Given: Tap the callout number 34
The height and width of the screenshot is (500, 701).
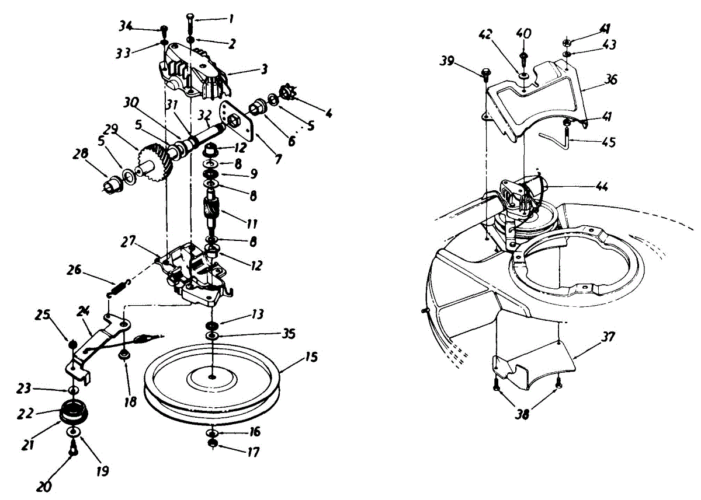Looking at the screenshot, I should click(x=126, y=26).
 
